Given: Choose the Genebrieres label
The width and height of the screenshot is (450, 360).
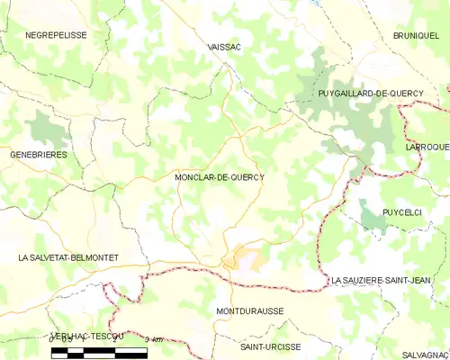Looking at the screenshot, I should pos(38,155).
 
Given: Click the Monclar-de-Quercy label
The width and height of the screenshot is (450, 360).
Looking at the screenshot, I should pos(220,177).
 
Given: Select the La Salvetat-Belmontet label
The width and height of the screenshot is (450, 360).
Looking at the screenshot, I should pos(67,257).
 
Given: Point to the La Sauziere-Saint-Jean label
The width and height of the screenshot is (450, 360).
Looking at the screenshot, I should pos(387,281).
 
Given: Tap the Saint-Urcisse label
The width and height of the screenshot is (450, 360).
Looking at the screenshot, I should pos(271,346).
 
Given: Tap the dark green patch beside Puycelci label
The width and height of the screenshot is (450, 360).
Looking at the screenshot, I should pos(372,216).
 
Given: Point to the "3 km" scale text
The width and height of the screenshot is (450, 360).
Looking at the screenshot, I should pos(154,339).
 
